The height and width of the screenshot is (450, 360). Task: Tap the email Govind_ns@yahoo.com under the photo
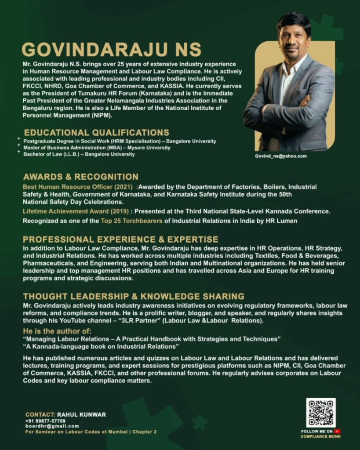pyautogui.click(x=281, y=156)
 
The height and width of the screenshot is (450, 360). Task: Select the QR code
pyautogui.click(x=320, y=413)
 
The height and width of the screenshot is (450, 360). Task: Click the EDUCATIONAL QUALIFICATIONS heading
pyautogui.click(x=97, y=132)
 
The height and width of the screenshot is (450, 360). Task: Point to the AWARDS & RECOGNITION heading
pyautogui.click(x=81, y=177)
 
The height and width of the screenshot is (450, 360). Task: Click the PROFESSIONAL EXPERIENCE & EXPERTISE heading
pyautogui.click(x=120, y=240)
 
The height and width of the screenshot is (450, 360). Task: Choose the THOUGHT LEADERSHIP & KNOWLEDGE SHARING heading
pyautogui.click(x=134, y=296)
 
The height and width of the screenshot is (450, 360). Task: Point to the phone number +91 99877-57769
pyautogui.click(x=45, y=421)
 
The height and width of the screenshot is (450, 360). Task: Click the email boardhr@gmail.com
pyautogui.click(x=52, y=426)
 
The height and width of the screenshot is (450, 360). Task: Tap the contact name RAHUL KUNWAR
pyautogui.click(x=81, y=414)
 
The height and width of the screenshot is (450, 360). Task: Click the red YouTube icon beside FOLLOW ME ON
pyautogui.click(x=338, y=432)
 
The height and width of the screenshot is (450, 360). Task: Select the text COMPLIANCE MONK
pyautogui.click(x=320, y=436)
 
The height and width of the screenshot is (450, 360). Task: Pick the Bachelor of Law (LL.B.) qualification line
pyautogui.click(x=79, y=154)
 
